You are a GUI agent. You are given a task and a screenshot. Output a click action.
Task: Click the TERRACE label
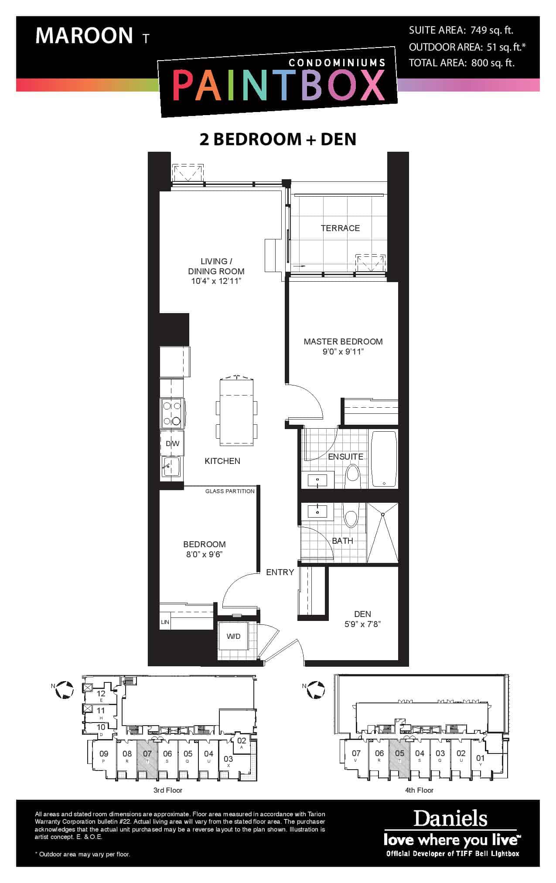point(340,228)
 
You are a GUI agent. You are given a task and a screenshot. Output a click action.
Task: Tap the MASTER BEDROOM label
point(343,341)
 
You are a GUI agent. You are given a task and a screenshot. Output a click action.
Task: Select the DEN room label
point(363,614)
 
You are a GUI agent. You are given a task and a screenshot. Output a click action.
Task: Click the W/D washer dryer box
point(233,636)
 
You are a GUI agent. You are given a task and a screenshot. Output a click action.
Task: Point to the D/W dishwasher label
point(172,444)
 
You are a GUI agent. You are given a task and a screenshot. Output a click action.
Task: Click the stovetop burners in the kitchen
point(172,413)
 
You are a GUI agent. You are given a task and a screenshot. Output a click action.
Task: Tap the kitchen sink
point(171,468)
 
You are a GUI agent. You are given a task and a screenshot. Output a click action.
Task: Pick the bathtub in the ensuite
point(383,459)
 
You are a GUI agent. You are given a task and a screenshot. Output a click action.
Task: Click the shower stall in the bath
point(382,533)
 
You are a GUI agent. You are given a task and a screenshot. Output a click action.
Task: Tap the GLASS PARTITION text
point(230,491)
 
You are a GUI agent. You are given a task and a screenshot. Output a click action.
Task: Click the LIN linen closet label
point(165,622)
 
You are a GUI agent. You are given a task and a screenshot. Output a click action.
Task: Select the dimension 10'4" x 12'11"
point(216,281)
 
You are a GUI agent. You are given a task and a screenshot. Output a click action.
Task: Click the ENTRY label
point(280,572)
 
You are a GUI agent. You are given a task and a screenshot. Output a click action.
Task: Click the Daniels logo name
point(450,819)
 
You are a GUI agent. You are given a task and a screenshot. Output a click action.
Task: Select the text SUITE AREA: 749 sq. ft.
point(461,30)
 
